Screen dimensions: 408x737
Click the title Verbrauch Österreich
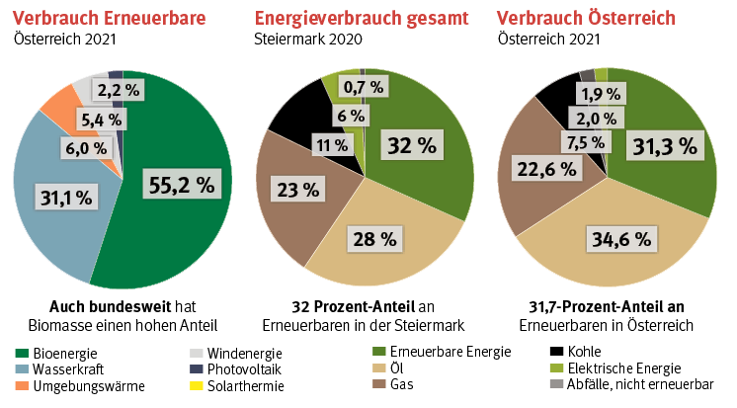point(586,18)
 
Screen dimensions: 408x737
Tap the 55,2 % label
point(180,183)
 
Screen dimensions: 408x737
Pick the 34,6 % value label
point(620,238)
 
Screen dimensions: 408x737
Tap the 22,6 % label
point(545,169)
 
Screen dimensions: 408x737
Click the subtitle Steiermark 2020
point(308,40)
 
